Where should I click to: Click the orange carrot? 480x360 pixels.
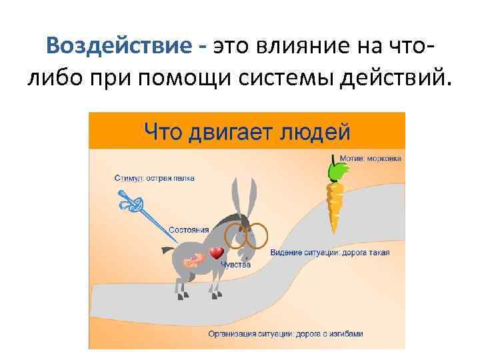point(334,203)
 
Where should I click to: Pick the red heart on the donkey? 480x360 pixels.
point(216,253)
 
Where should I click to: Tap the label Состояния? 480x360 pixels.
point(189,229)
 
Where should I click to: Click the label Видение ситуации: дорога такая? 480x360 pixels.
point(330,253)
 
